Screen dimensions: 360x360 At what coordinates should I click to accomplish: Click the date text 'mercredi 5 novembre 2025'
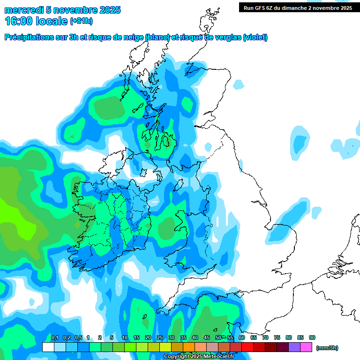[62, 10]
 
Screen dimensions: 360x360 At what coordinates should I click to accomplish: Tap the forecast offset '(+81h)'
[81, 21]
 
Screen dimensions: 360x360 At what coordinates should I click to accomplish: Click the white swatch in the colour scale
[48, 347]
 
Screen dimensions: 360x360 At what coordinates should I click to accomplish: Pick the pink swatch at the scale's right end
[306, 347]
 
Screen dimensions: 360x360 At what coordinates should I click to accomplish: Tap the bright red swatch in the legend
[247, 347]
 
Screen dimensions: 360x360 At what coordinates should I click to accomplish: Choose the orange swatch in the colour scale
[188, 347]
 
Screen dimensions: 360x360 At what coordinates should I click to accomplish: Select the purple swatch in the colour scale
[294, 347]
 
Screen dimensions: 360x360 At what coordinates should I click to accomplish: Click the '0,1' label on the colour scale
[54, 337]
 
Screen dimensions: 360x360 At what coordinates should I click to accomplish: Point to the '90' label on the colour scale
[312, 337]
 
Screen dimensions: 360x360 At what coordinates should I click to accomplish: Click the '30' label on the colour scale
[172, 337]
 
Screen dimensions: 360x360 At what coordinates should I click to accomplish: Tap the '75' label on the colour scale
[277, 337]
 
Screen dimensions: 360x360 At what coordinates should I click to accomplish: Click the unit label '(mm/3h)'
[327, 348]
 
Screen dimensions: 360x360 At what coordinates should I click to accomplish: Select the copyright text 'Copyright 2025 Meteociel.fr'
[198, 357]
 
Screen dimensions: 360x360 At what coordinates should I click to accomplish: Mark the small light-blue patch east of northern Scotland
[239, 85]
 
